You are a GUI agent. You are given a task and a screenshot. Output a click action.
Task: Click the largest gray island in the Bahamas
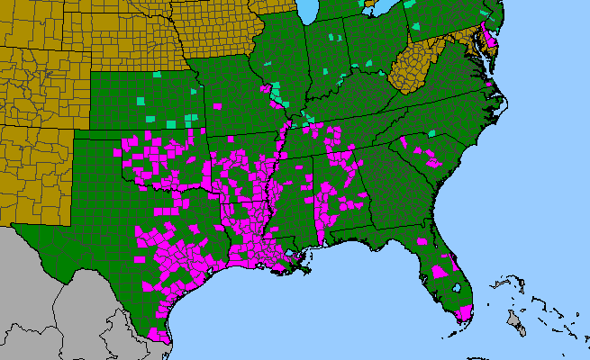pos(516,319)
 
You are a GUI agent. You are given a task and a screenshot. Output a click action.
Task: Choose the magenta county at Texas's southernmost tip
pos(161,334)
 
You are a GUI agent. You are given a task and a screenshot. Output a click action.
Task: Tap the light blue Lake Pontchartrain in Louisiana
pos(291,258)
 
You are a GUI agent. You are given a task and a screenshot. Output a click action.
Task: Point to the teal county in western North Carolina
pos(432,133)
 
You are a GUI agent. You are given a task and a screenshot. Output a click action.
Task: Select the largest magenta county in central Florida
pos(440,271)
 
